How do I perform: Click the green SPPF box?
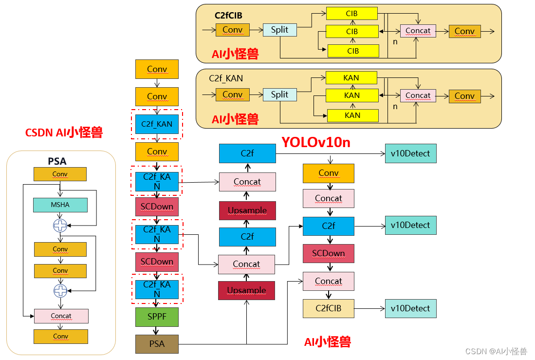point(157,317)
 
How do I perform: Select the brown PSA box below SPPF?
point(157,344)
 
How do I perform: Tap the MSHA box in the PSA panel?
point(60,205)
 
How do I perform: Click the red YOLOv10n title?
point(316,142)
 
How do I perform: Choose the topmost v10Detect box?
point(410,153)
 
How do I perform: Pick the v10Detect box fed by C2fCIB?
point(410,308)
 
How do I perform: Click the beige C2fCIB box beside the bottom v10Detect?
point(328,308)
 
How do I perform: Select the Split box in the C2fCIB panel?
point(279,30)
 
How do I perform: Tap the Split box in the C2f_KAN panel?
point(279,95)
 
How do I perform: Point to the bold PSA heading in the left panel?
point(57,161)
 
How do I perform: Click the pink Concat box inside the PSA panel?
point(61,316)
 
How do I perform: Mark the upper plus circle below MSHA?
point(60,226)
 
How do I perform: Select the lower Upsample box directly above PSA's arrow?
point(246,290)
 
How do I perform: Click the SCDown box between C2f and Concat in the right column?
point(328,253)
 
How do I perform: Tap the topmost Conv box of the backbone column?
point(157,69)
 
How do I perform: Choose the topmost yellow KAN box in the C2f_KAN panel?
point(351,78)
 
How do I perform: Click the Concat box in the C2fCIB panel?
point(418,31)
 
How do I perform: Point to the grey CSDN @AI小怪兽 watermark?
point(496,351)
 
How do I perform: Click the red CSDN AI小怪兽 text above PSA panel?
point(64,133)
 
